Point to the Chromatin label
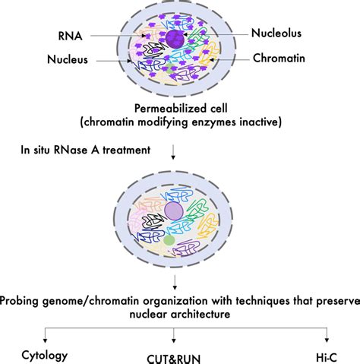279,58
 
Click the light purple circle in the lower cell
174,210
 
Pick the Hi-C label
327,334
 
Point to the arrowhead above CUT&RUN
175,320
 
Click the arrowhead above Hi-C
327,320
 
